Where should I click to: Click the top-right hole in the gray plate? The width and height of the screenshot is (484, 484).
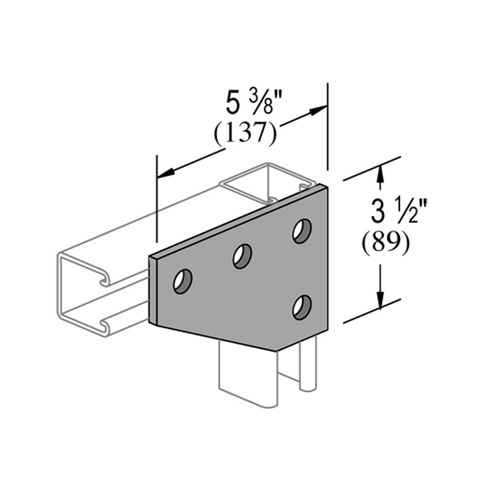302,231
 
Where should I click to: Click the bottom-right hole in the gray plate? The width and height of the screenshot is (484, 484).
302,307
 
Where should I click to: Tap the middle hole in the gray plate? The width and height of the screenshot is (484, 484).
242,256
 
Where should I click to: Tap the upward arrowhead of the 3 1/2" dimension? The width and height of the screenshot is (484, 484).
381,173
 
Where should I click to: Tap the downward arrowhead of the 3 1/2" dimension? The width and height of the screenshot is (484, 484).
381,299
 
